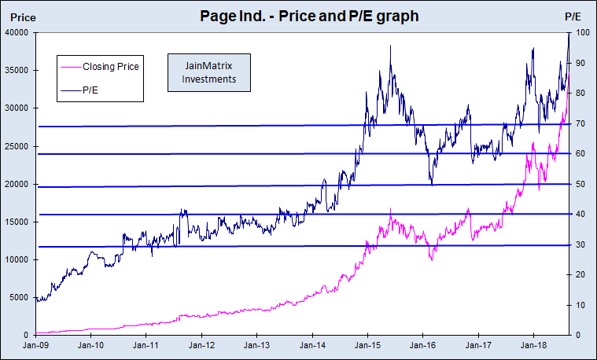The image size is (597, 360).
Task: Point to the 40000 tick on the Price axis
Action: [17, 32]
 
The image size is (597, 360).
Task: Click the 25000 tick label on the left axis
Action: [17, 146]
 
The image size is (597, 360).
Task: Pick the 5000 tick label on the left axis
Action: [19, 297]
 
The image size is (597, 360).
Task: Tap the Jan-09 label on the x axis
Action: [36, 345]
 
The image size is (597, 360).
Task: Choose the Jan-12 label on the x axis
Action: [202, 345]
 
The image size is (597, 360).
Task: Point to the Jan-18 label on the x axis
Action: [534, 345]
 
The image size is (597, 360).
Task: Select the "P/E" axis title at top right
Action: [573, 17]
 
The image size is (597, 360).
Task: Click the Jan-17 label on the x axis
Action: [479, 345]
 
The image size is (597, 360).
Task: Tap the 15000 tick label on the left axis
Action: [17, 222]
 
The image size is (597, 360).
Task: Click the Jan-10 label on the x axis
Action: [91, 345]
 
